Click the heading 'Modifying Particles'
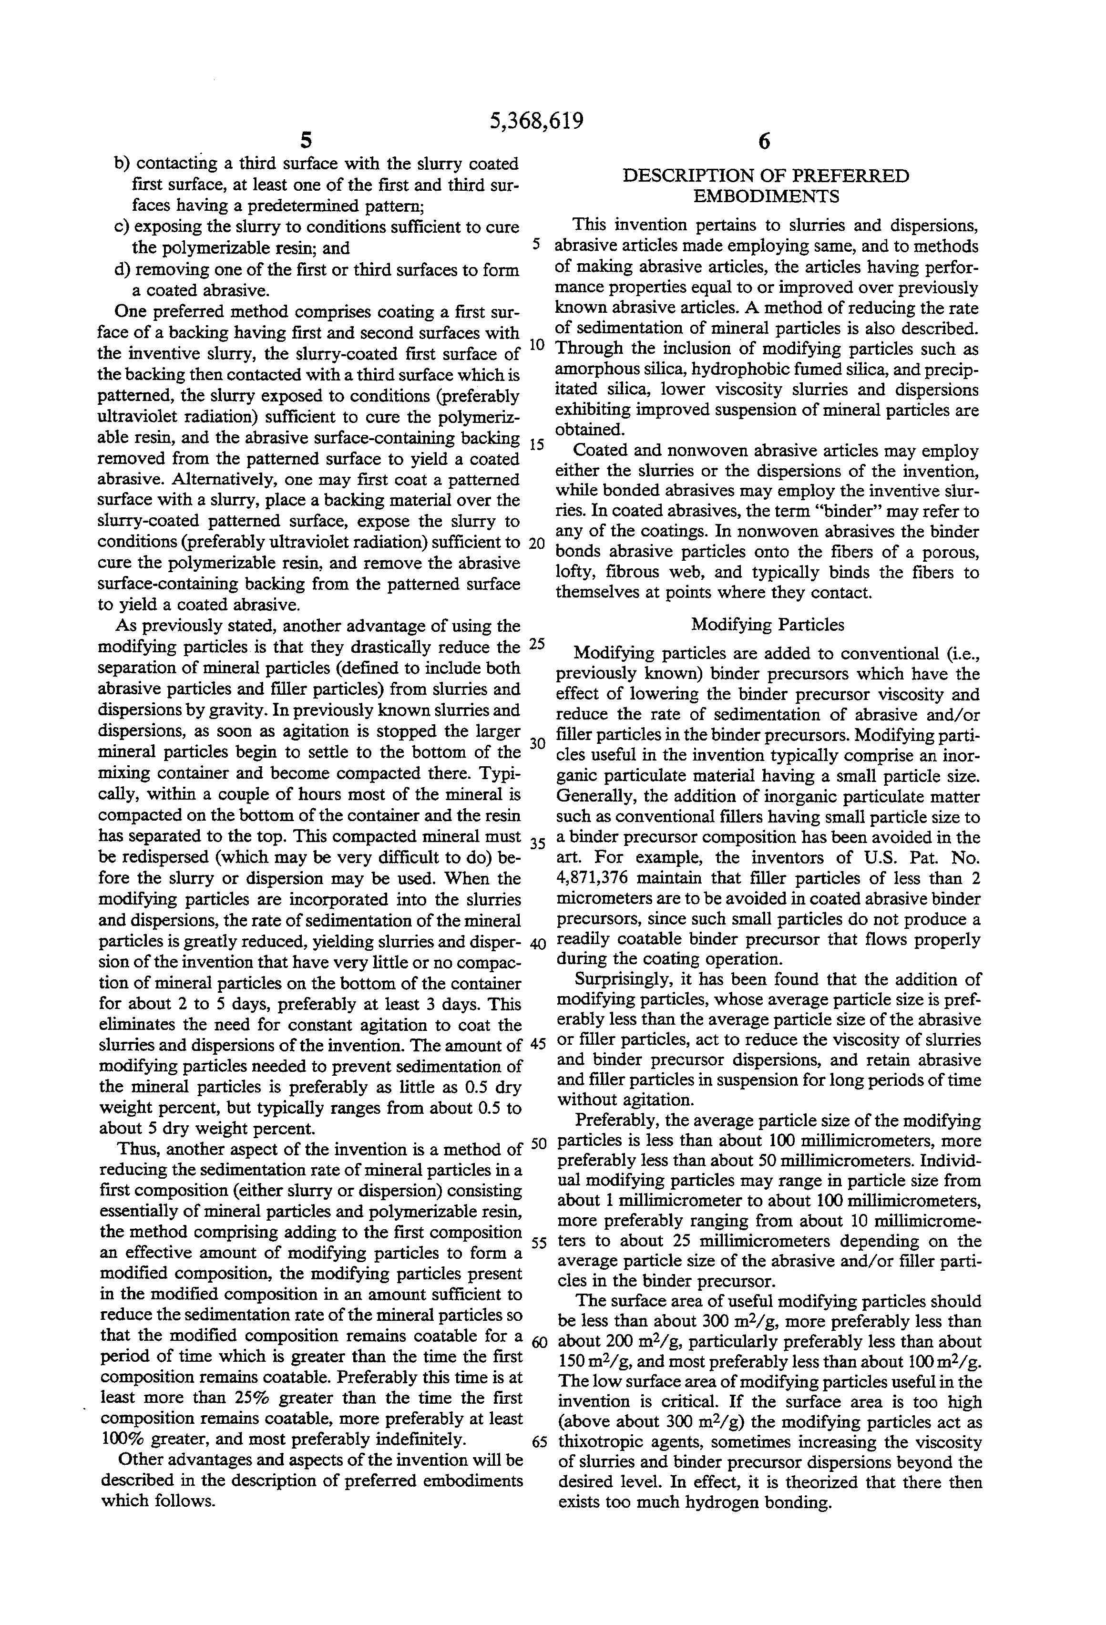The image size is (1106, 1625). tap(768, 625)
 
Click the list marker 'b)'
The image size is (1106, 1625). tap(123, 164)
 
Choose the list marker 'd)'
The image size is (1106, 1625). tap(123, 270)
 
